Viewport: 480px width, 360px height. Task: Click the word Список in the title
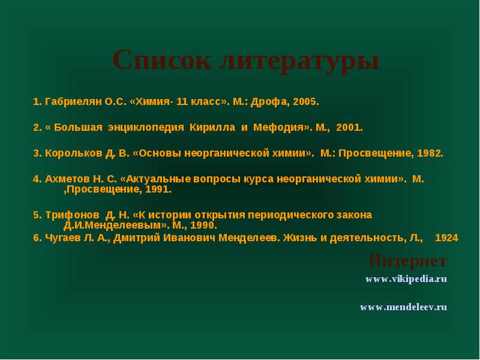click(x=162, y=61)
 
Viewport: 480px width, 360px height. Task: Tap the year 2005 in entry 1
click(x=305, y=101)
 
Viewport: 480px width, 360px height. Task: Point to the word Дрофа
click(x=268, y=102)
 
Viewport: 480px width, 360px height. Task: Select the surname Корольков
click(x=73, y=153)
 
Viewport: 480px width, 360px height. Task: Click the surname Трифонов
click(x=72, y=215)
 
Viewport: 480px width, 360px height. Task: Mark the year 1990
click(x=202, y=226)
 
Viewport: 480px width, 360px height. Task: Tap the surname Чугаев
click(x=63, y=238)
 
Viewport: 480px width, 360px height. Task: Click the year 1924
click(x=446, y=238)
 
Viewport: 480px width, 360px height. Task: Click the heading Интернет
click(x=408, y=260)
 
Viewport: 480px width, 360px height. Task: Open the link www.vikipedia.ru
click(x=406, y=279)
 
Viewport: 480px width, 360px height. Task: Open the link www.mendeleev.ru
click(x=403, y=307)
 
